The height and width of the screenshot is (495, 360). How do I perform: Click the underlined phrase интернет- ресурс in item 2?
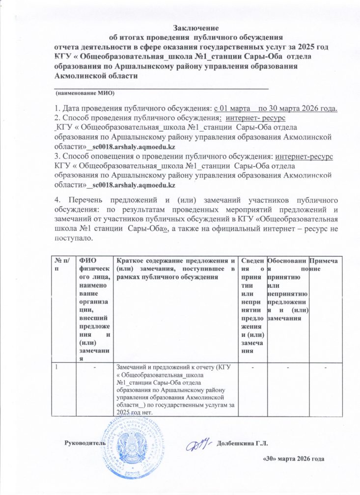click(260, 118)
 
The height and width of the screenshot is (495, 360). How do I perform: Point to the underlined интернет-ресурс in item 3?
click(304, 156)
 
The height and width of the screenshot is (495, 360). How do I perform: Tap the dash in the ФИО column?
click(93, 369)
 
